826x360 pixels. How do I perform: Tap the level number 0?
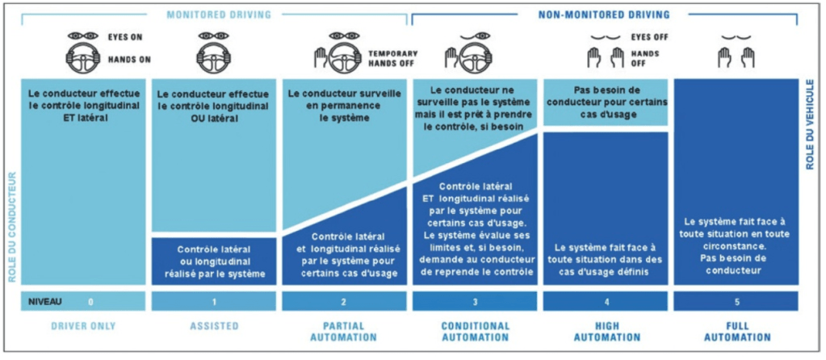click(x=90, y=301)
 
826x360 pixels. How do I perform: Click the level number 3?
click(x=475, y=301)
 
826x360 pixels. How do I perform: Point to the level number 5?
click(x=735, y=301)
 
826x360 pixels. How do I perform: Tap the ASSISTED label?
click(x=214, y=326)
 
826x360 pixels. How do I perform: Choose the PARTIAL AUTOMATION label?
click(x=343, y=332)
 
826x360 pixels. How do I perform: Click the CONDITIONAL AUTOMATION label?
click(x=475, y=332)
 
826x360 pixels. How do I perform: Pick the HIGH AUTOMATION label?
click(x=606, y=332)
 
